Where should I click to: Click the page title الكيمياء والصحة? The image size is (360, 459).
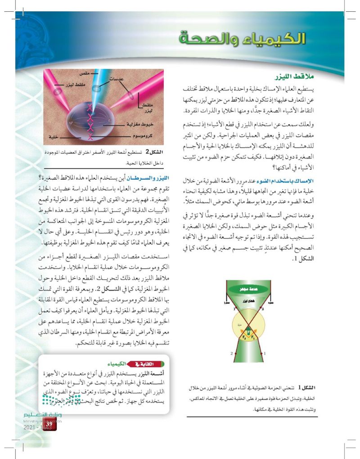click(242, 39)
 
